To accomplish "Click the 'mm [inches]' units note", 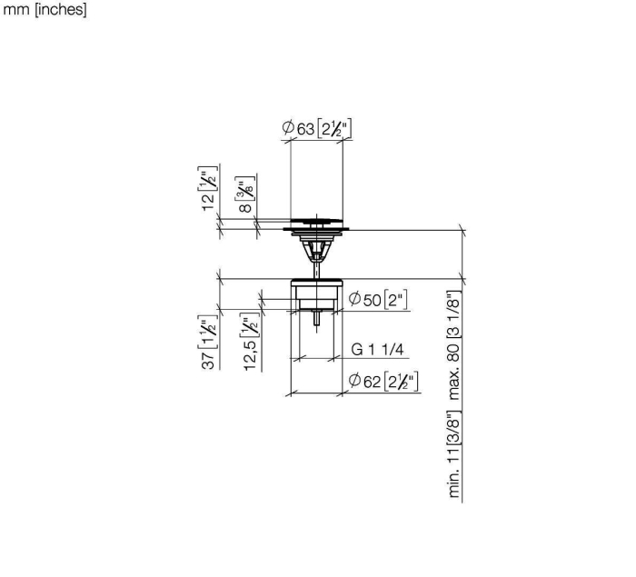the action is [x=45, y=9].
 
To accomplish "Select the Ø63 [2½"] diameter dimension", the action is [x=316, y=129].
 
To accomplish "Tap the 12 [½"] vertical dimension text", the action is [x=208, y=188].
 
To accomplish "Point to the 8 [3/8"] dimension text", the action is [x=245, y=194].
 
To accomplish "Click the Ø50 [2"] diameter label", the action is [x=378, y=300].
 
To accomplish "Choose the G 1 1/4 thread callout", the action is [x=377, y=349].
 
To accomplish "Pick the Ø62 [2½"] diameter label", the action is [x=383, y=382].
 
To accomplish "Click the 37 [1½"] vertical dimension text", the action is [x=208, y=342].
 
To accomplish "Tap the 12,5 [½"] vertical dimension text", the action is [x=250, y=342].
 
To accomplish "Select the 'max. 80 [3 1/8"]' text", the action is [x=454, y=345].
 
